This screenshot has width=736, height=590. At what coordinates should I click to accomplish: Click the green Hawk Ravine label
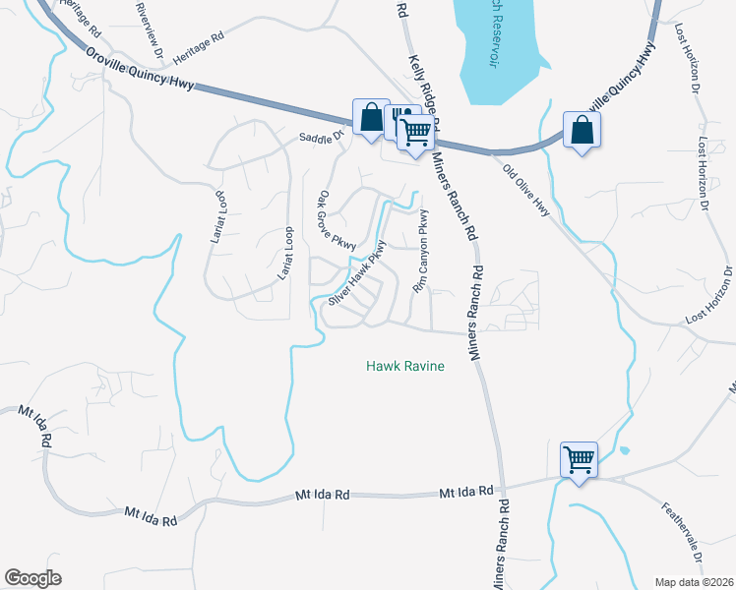pos(405,366)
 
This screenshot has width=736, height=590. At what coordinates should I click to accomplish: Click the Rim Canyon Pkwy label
pos(422,253)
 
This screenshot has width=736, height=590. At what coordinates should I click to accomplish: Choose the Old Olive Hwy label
pos(525,191)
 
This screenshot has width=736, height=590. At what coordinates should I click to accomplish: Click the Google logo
pos(32,578)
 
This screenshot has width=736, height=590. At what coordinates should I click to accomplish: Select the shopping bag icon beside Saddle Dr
pos(371,118)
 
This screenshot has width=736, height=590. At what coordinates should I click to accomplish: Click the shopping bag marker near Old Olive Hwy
pos(582,130)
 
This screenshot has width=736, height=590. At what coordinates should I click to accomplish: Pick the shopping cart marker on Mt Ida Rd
pos(579,458)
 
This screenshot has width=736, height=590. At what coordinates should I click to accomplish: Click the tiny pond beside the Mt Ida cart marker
pos(624,451)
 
